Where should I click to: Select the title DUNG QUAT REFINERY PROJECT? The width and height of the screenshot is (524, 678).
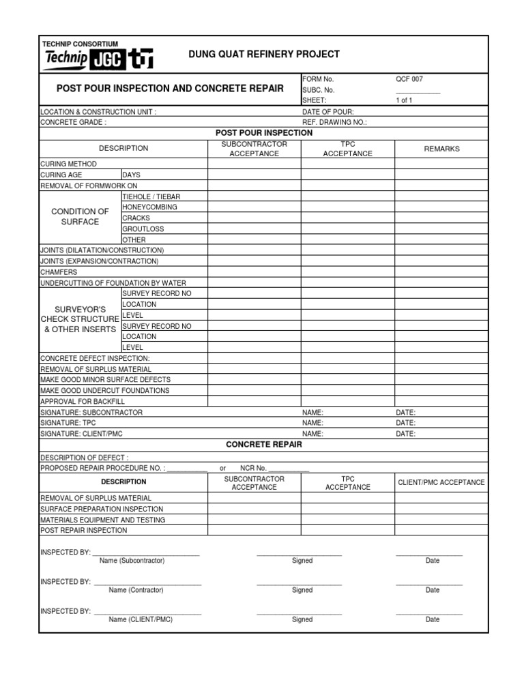tap(264, 55)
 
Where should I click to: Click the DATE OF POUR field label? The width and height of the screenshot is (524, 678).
tap(328, 111)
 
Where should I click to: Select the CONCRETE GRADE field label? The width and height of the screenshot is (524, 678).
tap(74, 122)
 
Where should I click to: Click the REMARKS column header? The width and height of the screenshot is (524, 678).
tap(441, 149)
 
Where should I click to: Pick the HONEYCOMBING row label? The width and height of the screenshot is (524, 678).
tap(149, 207)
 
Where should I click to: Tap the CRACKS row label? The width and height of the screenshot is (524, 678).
tap(136, 218)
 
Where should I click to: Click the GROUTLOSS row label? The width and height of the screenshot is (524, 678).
tap(143, 229)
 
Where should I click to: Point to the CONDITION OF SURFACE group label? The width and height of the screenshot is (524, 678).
tap(80, 217)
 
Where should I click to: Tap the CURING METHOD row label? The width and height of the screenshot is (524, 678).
tap(68, 164)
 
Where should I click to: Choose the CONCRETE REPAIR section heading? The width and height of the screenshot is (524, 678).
tap(263, 445)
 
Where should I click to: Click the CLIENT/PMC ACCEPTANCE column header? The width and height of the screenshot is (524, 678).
tap(441, 483)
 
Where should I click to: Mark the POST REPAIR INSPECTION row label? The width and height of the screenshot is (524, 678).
tap(84, 530)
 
